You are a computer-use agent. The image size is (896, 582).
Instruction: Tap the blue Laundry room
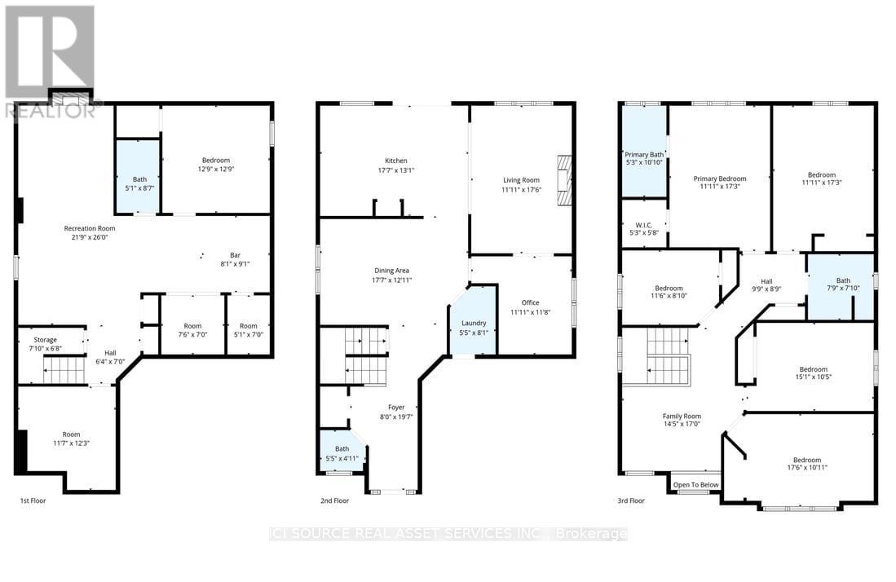pyautogui.click(x=473, y=321)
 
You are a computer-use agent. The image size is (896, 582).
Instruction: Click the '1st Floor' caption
pyautogui.click(x=36, y=500)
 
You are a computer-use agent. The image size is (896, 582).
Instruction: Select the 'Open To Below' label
pyautogui.click(x=695, y=485)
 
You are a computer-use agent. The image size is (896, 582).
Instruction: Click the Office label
pyautogui.click(x=530, y=302)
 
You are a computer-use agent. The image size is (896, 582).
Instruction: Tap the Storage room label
pyautogui.click(x=45, y=339)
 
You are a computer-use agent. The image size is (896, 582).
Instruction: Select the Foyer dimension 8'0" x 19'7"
pyautogui.click(x=395, y=417)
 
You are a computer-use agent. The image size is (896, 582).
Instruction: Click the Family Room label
pyautogui.click(x=681, y=416)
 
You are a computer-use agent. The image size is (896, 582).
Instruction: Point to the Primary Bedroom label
pyautogui.click(x=719, y=179)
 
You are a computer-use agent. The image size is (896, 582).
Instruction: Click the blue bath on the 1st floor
pyautogui.click(x=137, y=174)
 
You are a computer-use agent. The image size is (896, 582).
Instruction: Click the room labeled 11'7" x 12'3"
pyautogui.click(x=72, y=439)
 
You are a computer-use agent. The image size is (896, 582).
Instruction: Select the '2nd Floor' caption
pyautogui.click(x=335, y=500)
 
